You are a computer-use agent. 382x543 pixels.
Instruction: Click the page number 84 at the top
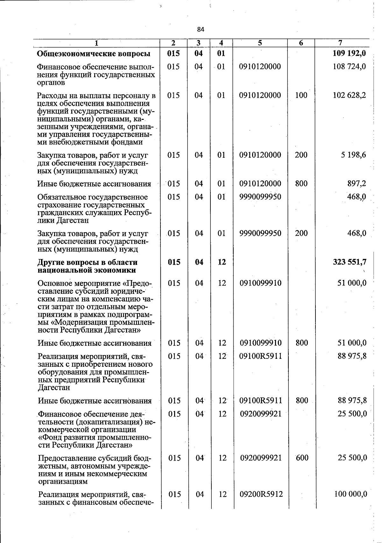click(x=201, y=30)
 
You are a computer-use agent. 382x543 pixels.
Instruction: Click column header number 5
click(x=260, y=43)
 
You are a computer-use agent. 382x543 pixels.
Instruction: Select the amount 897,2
click(x=357, y=184)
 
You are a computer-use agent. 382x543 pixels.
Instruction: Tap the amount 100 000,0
click(x=351, y=494)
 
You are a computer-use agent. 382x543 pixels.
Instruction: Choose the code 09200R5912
click(x=261, y=494)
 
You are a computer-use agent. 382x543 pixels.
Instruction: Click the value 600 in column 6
click(x=302, y=458)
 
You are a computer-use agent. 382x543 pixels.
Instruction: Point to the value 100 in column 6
click(x=301, y=95)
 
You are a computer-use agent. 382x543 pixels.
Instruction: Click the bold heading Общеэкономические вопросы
click(x=94, y=54)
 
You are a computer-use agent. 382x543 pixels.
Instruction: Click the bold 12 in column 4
click(x=222, y=262)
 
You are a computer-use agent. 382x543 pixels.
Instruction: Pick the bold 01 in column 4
click(x=221, y=53)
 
